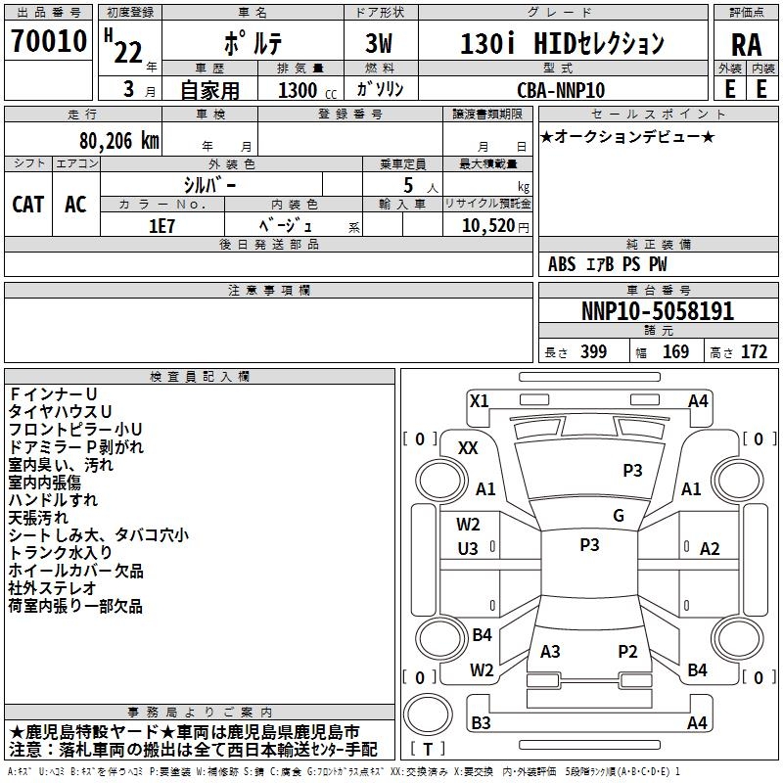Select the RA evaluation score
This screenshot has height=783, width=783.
(x=746, y=43)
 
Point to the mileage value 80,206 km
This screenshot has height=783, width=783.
(x=115, y=141)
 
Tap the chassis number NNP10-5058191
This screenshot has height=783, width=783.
(x=657, y=311)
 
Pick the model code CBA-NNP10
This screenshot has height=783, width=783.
(x=561, y=90)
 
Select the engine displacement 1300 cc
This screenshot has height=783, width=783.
(x=298, y=90)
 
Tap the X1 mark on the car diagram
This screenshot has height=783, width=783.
(x=479, y=400)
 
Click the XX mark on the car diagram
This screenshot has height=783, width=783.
(x=468, y=447)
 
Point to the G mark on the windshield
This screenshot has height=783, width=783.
(x=618, y=516)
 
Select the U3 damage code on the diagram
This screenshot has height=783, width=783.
(x=468, y=549)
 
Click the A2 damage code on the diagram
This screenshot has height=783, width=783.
(x=710, y=549)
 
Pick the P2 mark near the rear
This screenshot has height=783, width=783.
(x=627, y=651)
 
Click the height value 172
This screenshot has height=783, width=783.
(x=754, y=351)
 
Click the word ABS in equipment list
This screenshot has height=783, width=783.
(x=562, y=264)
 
